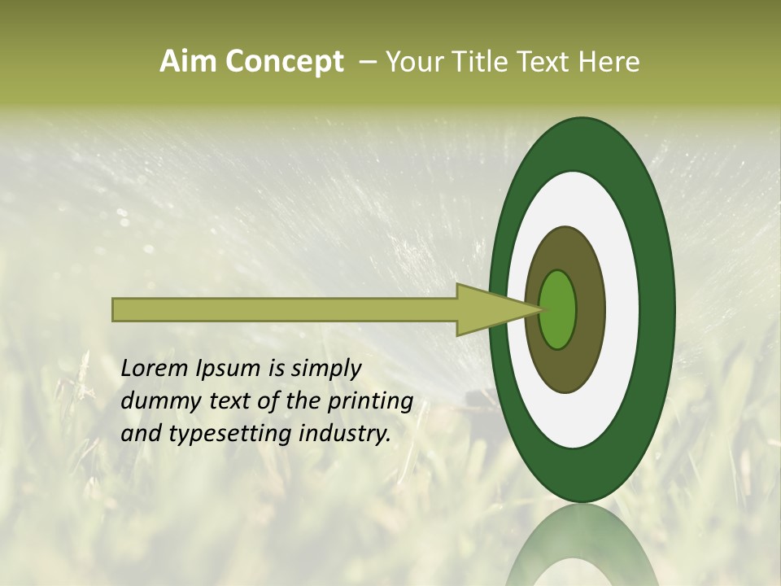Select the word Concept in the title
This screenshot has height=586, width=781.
[x=284, y=62]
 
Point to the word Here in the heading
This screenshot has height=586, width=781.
[x=610, y=62]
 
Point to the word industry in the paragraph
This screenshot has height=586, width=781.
[x=344, y=434]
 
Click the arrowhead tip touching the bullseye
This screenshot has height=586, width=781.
[x=537, y=309]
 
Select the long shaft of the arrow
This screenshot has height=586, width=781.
[x=285, y=309]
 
